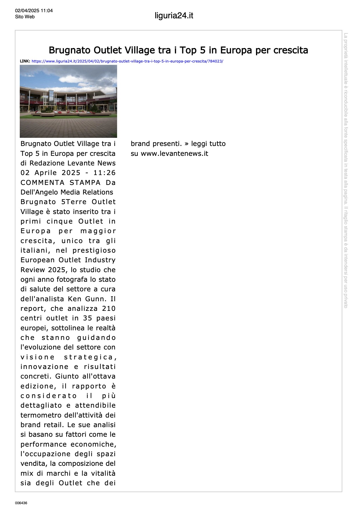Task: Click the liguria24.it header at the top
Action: (x=174, y=16)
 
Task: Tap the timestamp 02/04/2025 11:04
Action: (x=34, y=11)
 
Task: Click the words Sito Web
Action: (x=25, y=17)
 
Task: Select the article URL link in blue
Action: (x=127, y=61)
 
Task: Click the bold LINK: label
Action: (x=25, y=61)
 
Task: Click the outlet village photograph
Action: (x=68, y=101)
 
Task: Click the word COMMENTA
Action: (x=42, y=183)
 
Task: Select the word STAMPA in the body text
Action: (x=85, y=183)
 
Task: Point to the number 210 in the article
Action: (x=109, y=309)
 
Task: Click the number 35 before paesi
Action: (x=87, y=318)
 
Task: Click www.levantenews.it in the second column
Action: (x=174, y=154)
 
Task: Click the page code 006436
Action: (x=21, y=503)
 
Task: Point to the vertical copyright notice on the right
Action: (x=346, y=170)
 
